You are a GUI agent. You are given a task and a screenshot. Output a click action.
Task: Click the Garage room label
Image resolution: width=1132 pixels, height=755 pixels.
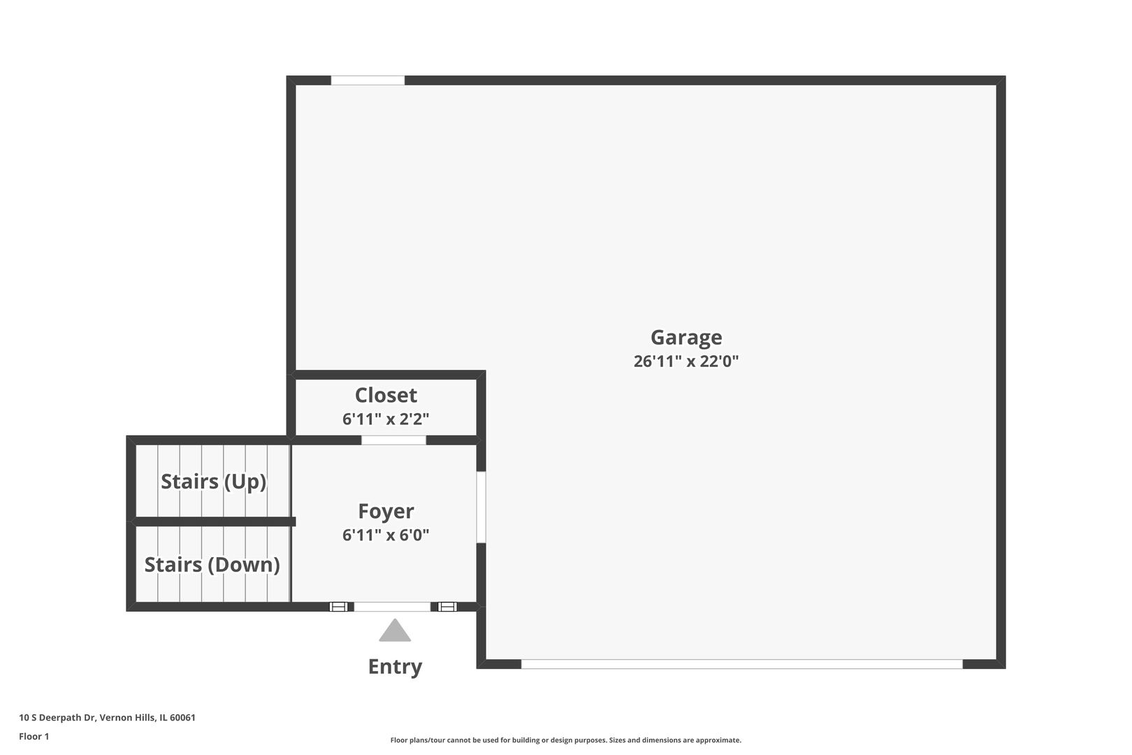(685, 338)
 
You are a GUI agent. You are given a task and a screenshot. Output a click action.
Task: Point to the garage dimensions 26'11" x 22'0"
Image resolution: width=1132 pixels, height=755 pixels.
(685, 361)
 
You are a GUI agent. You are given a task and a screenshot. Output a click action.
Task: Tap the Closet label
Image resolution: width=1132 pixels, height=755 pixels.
(386, 395)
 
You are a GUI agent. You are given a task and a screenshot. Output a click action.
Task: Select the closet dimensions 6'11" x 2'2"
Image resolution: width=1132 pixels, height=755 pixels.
(386, 419)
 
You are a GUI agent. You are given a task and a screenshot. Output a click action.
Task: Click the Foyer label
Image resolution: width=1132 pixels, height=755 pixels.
(386, 511)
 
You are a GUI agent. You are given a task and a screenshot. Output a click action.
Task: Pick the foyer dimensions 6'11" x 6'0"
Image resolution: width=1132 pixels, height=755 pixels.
(386, 535)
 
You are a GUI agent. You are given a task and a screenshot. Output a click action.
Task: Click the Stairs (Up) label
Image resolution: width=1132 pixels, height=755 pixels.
(213, 482)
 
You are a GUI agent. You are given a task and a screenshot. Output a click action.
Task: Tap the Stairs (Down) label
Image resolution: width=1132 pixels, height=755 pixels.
(212, 565)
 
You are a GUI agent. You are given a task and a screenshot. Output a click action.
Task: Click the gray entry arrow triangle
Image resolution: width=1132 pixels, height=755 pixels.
(395, 631)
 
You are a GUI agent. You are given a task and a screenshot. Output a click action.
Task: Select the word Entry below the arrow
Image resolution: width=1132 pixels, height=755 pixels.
(395, 666)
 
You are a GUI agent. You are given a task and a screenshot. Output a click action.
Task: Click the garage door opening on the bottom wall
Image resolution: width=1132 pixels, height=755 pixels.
(742, 664)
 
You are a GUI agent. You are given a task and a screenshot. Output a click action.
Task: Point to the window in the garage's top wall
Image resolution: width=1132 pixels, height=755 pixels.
(368, 80)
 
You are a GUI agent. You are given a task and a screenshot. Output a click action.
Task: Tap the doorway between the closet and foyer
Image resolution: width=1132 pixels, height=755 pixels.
(393, 440)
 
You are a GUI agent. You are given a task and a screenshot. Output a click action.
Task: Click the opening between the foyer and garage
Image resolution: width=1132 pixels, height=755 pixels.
(481, 508)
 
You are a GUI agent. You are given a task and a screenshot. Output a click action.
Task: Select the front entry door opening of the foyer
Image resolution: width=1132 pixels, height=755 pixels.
(392, 607)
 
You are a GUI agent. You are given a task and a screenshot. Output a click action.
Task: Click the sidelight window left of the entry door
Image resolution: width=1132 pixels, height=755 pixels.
(339, 607)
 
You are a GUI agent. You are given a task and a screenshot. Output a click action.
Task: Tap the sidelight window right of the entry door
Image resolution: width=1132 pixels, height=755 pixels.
(447, 607)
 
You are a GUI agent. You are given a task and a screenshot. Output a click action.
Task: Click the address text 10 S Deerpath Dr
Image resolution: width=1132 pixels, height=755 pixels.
(57, 717)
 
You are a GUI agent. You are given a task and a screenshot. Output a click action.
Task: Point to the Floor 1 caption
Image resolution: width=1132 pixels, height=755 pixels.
(34, 736)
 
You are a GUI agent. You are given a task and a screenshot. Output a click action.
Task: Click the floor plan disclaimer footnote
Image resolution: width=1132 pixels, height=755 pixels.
(565, 740)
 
